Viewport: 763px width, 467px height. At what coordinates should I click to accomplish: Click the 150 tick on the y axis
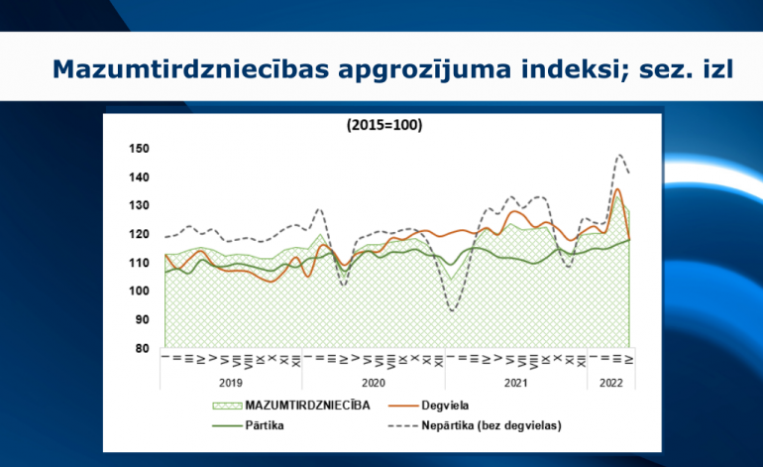pyautogui.click(x=139, y=149)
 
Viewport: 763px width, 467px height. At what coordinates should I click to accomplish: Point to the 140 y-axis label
pyautogui.click(x=139, y=177)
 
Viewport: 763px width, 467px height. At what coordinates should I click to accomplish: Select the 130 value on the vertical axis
pyautogui.click(x=139, y=205)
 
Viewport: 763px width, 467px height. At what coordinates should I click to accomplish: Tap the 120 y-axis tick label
pyautogui.click(x=139, y=234)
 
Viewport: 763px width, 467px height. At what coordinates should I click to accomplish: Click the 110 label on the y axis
pyautogui.click(x=139, y=263)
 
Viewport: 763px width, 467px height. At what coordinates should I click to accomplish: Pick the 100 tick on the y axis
pyautogui.click(x=139, y=292)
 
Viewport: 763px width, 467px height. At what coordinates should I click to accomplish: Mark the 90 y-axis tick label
pyautogui.click(x=142, y=320)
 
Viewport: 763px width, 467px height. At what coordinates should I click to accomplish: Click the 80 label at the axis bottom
pyautogui.click(x=142, y=348)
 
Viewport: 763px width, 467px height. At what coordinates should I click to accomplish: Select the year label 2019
pyautogui.click(x=231, y=382)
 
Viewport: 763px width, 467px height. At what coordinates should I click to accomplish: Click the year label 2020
pyautogui.click(x=374, y=382)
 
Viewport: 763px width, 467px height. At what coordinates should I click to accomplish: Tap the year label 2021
pyautogui.click(x=515, y=382)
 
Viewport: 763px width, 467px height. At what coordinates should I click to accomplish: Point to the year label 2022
pyautogui.click(x=610, y=382)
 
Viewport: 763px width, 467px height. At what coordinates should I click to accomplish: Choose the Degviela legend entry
pyautogui.click(x=443, y=405)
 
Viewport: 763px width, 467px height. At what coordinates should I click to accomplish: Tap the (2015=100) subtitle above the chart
pyautogui.click(x=385, y=126)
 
